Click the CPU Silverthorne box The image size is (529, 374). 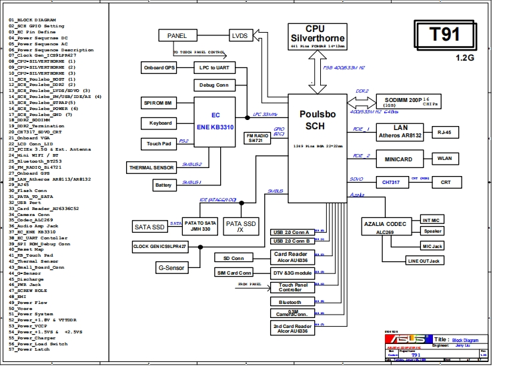tap(316, 37)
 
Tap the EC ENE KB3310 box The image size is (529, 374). tap(215, 120)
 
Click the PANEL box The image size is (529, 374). tap(177, 35)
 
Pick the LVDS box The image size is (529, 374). tap(239, 35)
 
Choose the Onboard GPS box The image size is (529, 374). tap(159, 68)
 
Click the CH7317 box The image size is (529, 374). tap(390, 182)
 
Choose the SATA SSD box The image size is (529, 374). tap(149, 227)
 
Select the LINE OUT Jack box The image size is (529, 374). tap(424, 261)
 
